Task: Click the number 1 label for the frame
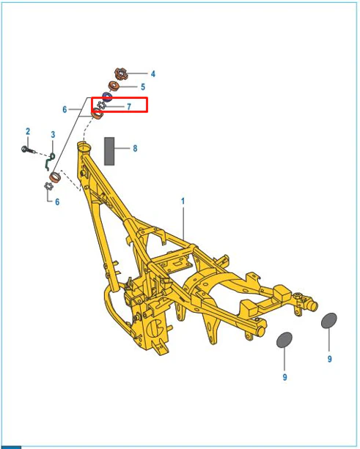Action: pyautogui.click(x=183, y=201)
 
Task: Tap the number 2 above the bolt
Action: pyautogui.click(x=28, y=131)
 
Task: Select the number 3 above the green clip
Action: pyautogui.click(x=53, y=135)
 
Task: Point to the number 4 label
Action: pyautogui.click(x=153, y=74)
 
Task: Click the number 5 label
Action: pyautogui.click(x=143, y=86)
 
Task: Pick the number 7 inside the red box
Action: pyautogui.click(x=129, y=106)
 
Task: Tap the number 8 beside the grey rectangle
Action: pyautogui.click(x=135, y=149)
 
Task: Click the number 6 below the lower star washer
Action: pyautogui.click(x=57, y=202)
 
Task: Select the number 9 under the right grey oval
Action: pyautogui.click(x=330, y=359)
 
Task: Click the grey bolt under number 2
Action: pyautogui.click(x=28, y=149)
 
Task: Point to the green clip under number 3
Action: pyautogui.click(x=50, y=162)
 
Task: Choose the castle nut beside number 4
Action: pyautogui.click(x=121, y=74)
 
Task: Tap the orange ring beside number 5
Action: pyautogui.click(x=114, y=86)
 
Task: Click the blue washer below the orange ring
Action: pyautogui.click(x=107, y=97)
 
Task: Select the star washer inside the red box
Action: pyautogui.click(x=101, y=105)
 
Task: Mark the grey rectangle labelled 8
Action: pyautogui.click(x=109, y=151)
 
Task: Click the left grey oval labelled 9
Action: pyautogui.click(x=284, y=340)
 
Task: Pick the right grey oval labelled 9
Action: pyautogui.click(x=329, y=320)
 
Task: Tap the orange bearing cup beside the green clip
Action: pyautogui.click(x=55, y=177)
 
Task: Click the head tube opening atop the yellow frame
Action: pyautogui.click(x=84, y=147)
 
